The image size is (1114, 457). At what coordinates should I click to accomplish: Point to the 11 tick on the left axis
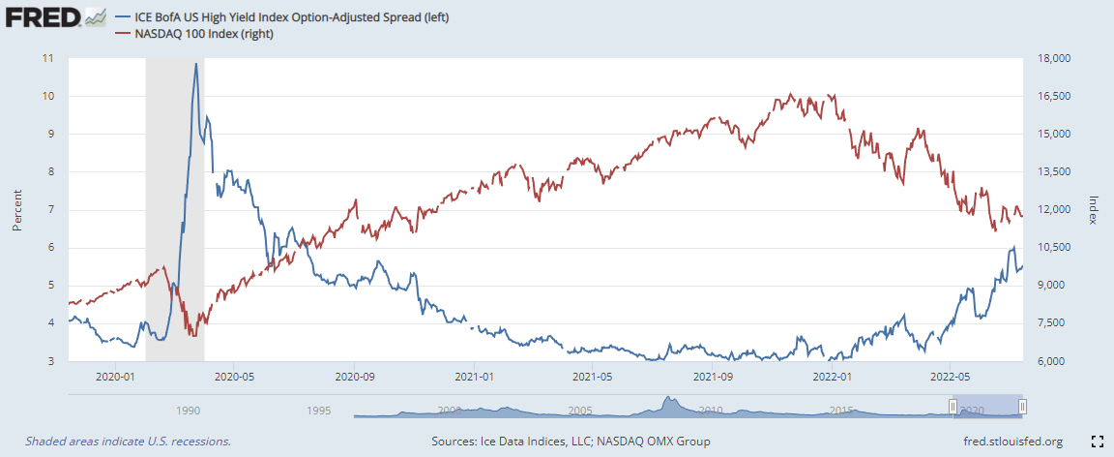point(47,58)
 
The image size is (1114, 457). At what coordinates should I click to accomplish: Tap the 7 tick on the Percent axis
point(50,210)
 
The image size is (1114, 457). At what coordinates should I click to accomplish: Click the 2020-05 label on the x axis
point(234,377)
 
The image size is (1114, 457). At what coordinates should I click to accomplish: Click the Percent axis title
point(16,210)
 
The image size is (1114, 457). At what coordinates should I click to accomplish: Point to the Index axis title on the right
point(1094,209)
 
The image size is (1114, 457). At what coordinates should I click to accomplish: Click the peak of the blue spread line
point(196,64)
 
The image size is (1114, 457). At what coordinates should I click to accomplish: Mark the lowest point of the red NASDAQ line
point(193,336)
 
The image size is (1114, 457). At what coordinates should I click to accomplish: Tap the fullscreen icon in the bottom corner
point(1098,442)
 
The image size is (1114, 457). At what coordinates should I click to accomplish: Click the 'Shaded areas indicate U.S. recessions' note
point(128,442)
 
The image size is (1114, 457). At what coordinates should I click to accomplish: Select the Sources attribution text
point(571,442)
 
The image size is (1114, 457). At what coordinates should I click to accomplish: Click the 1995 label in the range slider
point(318,411)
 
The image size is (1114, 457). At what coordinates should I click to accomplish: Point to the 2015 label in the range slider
point(841,411)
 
